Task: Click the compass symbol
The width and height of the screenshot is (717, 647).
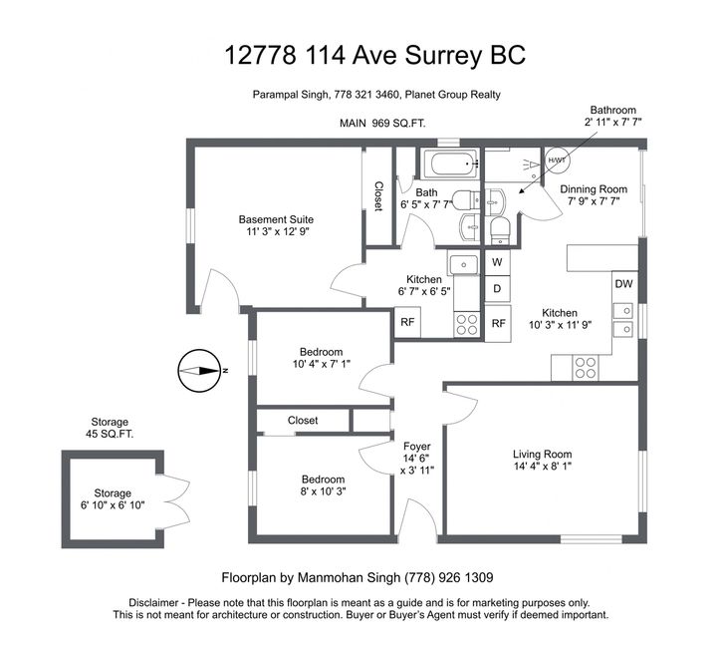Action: [x=197, y=371]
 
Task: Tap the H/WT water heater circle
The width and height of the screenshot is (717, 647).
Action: [x=557, y=161]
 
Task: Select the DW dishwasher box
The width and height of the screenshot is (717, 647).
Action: [x=623, y=284]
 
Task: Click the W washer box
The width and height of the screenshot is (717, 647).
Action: [x=497, y=262]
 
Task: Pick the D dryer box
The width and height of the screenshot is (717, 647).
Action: [x=497, y=289]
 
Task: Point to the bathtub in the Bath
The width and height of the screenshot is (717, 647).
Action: [x=450, y=163]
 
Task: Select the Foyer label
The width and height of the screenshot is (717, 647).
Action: [x=416, y=446]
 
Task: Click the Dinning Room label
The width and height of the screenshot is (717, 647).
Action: [x=594, y=189]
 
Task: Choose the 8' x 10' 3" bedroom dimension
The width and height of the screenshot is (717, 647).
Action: [x=323, y=491]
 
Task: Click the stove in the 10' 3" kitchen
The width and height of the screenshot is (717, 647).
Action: [x=586, y=367]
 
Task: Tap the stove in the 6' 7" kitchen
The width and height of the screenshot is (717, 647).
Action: [x=467, y=324]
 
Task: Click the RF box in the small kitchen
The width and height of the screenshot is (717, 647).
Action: [x=407, y=322]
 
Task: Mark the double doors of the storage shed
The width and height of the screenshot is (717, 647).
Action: [x=176, y=501]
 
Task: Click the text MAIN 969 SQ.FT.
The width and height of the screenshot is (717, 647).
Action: [x=382, y=124]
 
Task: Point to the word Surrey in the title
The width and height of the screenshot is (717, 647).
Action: [x=443, y=56]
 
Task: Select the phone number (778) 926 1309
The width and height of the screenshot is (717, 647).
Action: [x=449, y=577]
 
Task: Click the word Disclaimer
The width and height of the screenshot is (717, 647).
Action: [x=152, y=602]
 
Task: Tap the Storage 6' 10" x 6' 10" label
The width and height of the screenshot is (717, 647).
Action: [x=113, y=499]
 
